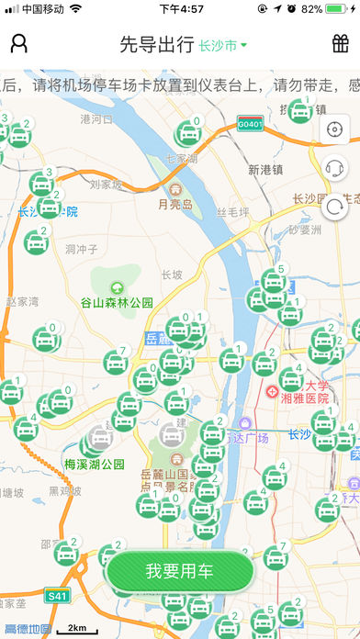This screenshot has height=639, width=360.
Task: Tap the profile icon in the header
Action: (19, 43)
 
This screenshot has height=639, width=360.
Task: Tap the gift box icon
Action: (340, 43)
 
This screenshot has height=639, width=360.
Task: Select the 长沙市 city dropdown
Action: (223, 44)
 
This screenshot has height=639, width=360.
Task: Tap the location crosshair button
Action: (334, 129)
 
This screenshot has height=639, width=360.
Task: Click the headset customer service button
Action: (334, 168)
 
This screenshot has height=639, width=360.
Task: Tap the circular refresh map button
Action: (334, 207)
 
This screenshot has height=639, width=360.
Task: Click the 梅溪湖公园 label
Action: (95, 464)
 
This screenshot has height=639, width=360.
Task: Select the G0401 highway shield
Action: (249, 123)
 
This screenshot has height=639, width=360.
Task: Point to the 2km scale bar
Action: (77, 630)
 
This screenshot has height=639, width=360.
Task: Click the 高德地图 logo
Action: (28, 630)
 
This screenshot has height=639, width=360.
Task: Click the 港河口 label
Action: (96, 118)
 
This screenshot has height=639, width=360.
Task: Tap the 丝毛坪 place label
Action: (232, 212)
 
